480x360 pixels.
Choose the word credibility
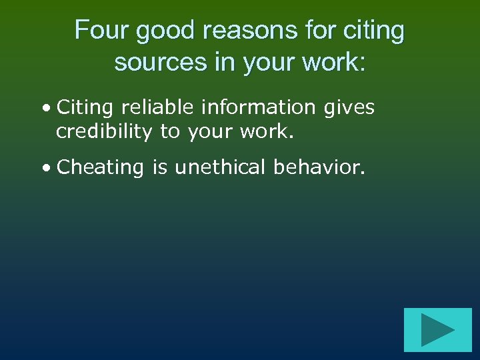point(104,131)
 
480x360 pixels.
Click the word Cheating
point(101,167)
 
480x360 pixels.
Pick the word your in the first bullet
point(207,133)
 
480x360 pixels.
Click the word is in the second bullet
point(159,167)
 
